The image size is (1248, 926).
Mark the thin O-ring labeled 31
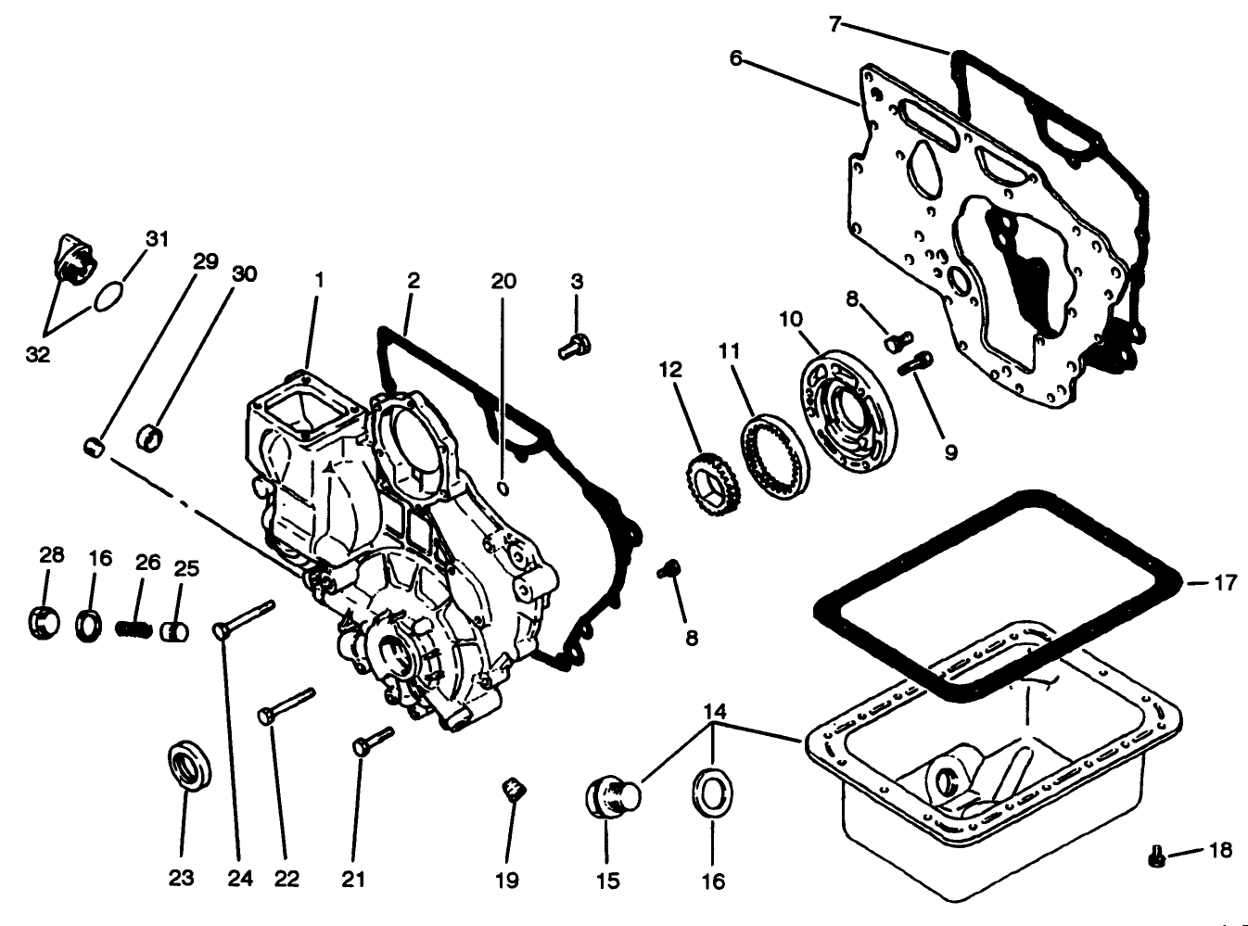coord(108,298)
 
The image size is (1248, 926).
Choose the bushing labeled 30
coord(150,436)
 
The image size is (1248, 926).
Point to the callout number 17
coord(1225,583)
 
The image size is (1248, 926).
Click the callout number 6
coord(735,58)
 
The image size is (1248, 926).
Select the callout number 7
coord(834,24)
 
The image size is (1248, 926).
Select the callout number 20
coord(503,281)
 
